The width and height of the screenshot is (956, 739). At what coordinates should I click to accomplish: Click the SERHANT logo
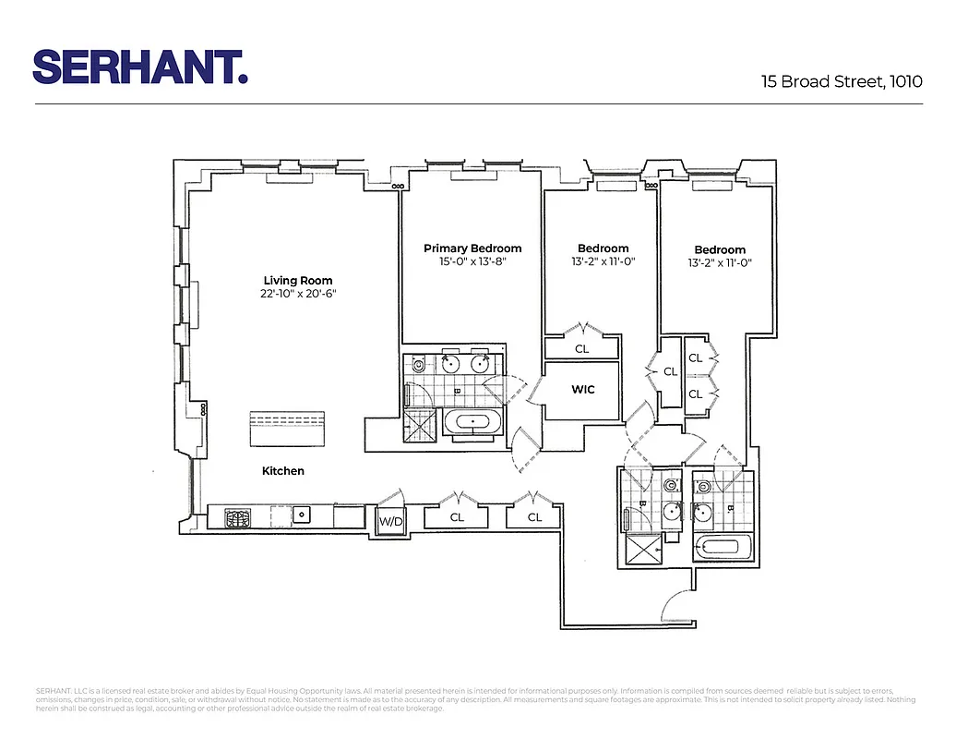[x=140, y=67]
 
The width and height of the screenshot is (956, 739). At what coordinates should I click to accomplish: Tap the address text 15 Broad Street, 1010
[x=842, y=81]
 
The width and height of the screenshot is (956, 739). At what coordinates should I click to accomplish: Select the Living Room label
[x=298, y=281]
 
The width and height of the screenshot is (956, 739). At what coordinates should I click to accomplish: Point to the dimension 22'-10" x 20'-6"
[x=298, y=295]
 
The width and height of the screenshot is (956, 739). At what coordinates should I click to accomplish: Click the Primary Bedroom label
[x=472, y=248]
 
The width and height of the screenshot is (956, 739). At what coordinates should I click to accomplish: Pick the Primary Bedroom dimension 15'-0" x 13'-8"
[x=472, y=262]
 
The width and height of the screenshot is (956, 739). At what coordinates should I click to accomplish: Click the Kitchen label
[x=282, y=471]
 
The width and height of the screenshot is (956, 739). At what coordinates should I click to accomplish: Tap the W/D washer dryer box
[x=391, y=522]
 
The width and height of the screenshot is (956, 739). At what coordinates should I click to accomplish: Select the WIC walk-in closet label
[x=583, y=390]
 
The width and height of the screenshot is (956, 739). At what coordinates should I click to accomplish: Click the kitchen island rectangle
[x=290, y=429]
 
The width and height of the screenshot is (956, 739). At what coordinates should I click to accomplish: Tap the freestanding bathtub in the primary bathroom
[x=474, y=424]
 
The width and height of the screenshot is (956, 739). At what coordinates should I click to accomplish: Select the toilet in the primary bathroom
[x=419, y=365]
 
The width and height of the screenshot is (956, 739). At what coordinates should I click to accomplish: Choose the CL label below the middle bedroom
[x=581, y=349]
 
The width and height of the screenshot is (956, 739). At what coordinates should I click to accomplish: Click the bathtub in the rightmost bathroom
[x=719, y=546]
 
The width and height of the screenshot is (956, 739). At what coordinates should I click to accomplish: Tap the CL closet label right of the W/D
[x=457, y=518]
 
